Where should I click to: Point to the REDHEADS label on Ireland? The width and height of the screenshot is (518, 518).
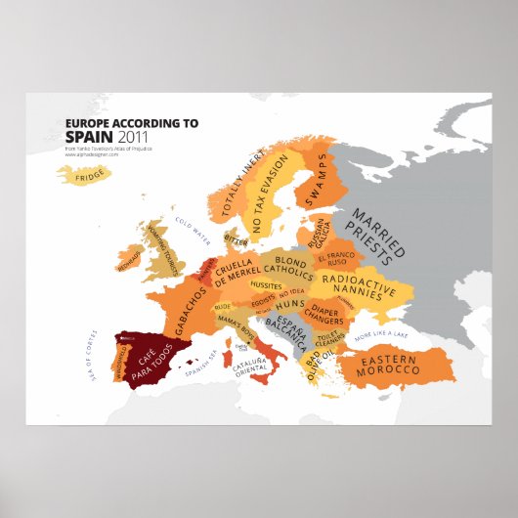pyautogui.click(x=130, y=265)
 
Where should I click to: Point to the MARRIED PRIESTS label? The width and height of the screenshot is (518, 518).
pyautogui.click(x=375, y=237)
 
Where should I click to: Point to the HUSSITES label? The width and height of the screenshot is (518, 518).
pyautogui.click(x=267, y=285)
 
